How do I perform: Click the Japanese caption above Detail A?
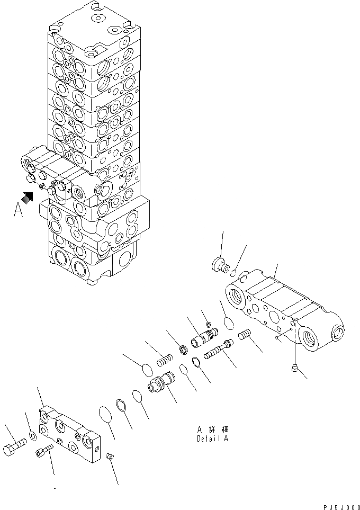[213, 430]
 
